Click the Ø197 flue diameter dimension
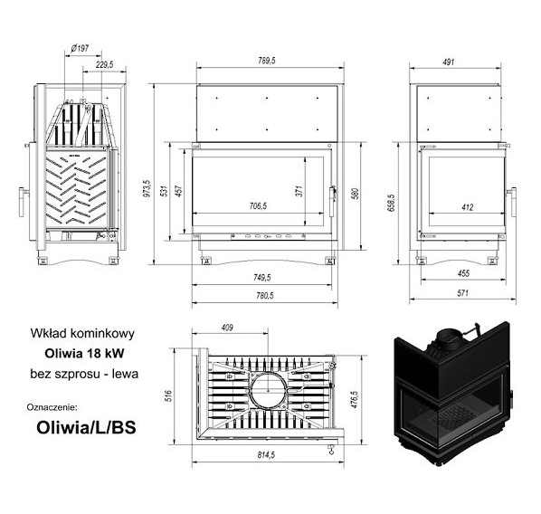[x=80, y=48]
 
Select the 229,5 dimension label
[x=105, y=64]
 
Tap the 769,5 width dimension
[x=267, y=61]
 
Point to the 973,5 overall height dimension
[x=147, y=188]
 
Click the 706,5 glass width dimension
[x=258, y=206]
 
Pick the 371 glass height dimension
[x=299, y=191]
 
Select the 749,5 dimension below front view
[x=261, y=277]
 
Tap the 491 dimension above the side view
[x=448, y=62]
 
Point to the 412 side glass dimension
[x=468, y=207]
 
